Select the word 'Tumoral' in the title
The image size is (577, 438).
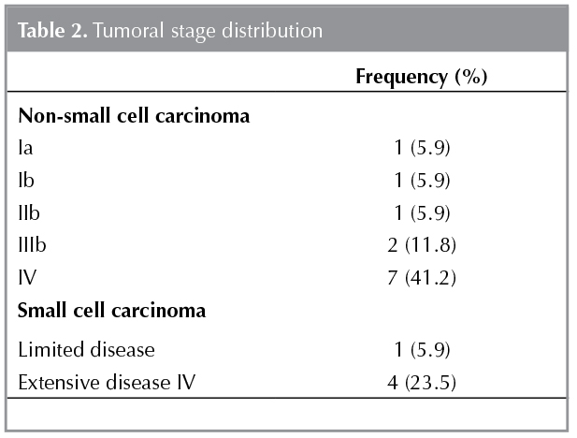pyautogui.click(x=118, y=31)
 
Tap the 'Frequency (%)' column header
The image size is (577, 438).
pyautogui.click(x=421, y=77)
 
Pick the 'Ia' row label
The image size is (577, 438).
pyautogui.click(x=25, y=148)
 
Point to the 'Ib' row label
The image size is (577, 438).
pyautogui.click(x=26, y=181)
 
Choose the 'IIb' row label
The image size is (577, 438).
pyautogui.click(x=29, y=212)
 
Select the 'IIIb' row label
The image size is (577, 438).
pyautogui.click(x=32, y=245)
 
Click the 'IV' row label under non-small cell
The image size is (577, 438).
pyautogui.click(x=28, y=277)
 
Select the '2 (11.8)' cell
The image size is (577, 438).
pyautogui.click(x=425, y=245)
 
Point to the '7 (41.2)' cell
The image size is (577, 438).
pyautogui.click(x=425, y=277)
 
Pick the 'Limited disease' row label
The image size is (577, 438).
pyautogui.click(x=86, y=350)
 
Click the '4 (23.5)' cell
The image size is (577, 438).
pyautogui.click(x=425, y=382)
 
